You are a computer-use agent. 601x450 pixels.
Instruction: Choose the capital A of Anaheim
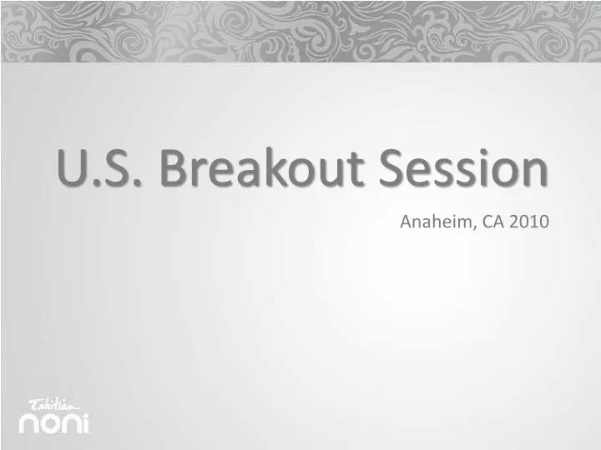407,222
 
